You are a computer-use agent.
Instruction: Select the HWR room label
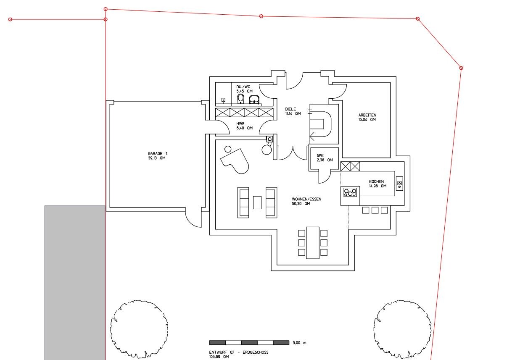[x=240, y=124]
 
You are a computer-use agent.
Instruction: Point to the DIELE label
[x=290, y=109]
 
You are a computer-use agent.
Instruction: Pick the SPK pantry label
[x=320, y=156]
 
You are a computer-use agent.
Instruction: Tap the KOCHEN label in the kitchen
[x=376, y=181]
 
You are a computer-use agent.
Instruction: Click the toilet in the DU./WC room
[x=241, y=99]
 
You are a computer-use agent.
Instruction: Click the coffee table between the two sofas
[x=257, y=202]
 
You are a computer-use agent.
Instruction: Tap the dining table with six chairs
[x=313, y=243]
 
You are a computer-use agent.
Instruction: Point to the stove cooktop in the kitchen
[x=350, y=192]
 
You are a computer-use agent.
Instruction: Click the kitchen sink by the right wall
[x=399, y=183]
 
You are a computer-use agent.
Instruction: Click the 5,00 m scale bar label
[x=299, y=343]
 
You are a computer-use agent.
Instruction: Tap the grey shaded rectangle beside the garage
[x=75, y=283]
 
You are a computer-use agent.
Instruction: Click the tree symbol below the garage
[x=139, y=329]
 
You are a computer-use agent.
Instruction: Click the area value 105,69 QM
[x=219, y=357]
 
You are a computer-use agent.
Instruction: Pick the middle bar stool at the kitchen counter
[x=375, y=210]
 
